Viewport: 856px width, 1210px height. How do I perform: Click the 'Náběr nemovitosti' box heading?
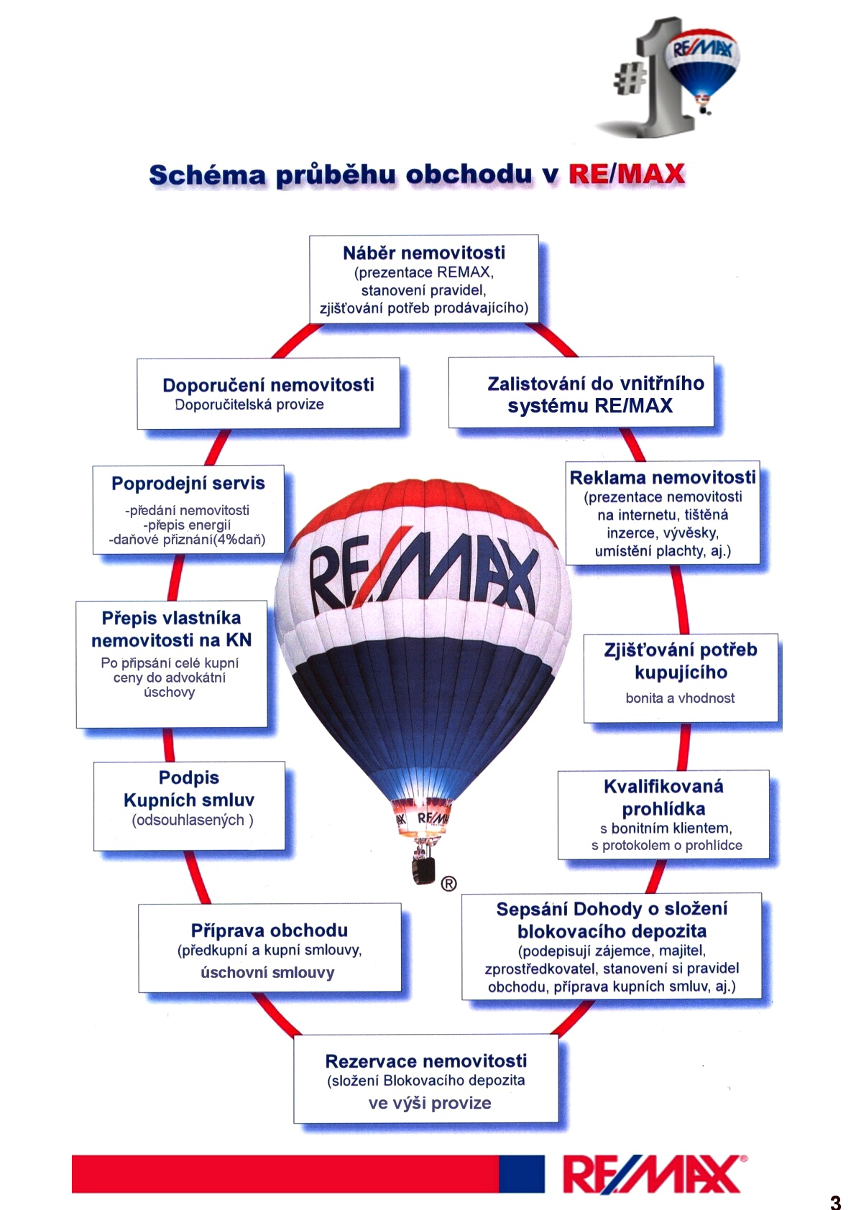point(423,253)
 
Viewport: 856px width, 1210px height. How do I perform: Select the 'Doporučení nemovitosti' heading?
point(268,385)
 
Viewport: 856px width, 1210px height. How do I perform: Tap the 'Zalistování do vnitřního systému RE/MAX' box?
point(581,393)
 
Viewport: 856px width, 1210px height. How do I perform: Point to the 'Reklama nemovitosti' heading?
point(662,478)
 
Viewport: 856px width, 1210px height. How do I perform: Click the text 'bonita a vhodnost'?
point(680,698)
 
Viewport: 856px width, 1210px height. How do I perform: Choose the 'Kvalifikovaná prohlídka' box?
point(663,814)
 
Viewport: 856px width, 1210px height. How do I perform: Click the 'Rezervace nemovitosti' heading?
point(425,1061)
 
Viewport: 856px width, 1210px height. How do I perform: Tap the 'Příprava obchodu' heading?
point(269,930)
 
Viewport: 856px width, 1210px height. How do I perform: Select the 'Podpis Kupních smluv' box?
point(189,805)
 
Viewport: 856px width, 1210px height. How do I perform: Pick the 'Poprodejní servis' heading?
point(188,484)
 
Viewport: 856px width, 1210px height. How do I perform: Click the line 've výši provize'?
point(429,1103)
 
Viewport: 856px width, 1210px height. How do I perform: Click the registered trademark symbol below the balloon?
point(448,884)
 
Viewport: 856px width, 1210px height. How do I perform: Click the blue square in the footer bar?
point(522,1173)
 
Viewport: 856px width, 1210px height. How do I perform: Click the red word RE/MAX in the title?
point(626,174)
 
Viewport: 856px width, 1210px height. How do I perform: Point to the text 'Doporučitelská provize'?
point(249,405)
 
